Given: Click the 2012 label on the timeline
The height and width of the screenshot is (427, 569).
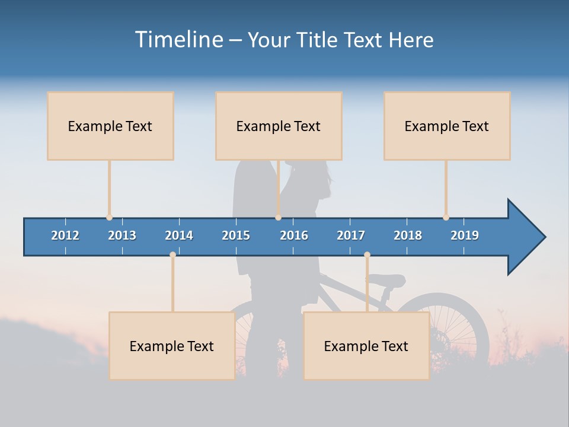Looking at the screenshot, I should pos(65,235).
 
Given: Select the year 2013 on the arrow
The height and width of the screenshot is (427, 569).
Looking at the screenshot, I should pos(122,235).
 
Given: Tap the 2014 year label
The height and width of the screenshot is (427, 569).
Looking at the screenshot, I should pos(179,235).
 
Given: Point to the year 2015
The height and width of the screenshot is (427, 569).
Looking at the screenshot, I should pos(236,235).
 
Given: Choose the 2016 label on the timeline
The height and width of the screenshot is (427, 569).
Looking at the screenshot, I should pos(294,235).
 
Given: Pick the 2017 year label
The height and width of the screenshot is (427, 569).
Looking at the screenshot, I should pos(351,235).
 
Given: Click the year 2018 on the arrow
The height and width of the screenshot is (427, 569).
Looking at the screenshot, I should pos(408,235).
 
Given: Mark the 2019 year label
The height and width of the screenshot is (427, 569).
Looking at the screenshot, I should pos(465,235).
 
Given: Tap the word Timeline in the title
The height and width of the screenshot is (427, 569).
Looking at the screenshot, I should pos(178,40).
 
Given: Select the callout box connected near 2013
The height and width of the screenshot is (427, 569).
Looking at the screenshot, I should pos(110,126).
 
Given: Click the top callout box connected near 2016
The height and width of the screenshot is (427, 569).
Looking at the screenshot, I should pos(279,126).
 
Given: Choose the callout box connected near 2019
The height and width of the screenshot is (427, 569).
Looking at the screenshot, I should pos(447,126).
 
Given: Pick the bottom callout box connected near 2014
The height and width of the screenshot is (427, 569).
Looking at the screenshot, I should pos(172,346).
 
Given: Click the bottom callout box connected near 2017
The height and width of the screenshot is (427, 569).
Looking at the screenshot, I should pos(366,346).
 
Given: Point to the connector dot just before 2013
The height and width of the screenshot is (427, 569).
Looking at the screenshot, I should pos(109,217).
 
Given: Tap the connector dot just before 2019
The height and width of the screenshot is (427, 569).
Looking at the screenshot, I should pos(446,217).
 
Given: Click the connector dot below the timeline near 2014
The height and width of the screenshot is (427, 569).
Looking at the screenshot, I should pos(172,254).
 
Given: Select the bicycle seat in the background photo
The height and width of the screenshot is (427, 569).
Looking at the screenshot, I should pos(388,280).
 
